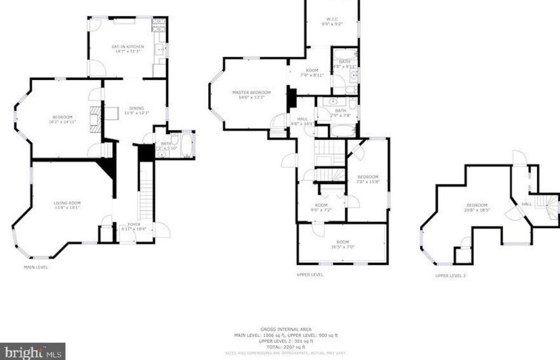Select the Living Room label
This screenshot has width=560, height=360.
click(67, 204)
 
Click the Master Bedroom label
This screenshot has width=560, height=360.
click(251, 94)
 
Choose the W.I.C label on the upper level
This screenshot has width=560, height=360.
click(331, 21)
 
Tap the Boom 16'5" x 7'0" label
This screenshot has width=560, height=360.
click(342, 245)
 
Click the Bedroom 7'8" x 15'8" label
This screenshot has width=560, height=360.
click(369, 178)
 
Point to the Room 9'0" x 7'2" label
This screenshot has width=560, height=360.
click(321, 208)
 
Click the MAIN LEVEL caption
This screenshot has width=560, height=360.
click(37, 267)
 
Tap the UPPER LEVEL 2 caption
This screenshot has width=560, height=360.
click(451, 275)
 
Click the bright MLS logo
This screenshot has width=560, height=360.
click(32, 351)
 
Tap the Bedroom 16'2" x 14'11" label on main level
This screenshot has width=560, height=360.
click(62, 119)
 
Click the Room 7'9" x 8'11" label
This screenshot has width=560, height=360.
click(312, 72)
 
